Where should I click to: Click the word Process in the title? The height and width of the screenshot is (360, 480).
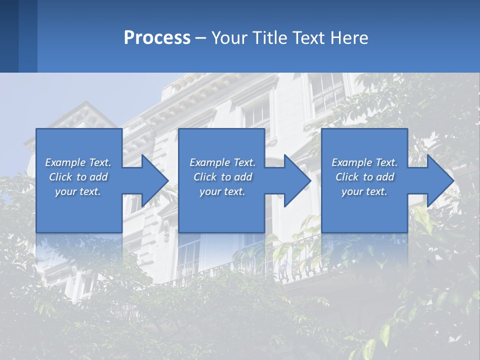(x=157, y=38)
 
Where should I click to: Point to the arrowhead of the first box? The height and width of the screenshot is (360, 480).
(x=155, y=180)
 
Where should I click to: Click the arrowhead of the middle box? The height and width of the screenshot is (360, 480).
(x=297, y=180)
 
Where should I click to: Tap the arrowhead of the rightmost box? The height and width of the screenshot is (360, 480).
(x=440, y=180)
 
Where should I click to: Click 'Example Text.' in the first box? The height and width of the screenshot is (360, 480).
(x=78, y=162)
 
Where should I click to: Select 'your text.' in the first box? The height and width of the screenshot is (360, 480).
(x=78, y=191)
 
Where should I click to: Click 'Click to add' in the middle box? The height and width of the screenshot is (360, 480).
(x=222, y=177)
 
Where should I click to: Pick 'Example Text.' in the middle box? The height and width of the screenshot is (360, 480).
(x=222, y=162)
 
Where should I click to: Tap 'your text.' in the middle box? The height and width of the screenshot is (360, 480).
(x=222, y=191)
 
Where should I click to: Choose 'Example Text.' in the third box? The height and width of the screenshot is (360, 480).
(x=364, y=162)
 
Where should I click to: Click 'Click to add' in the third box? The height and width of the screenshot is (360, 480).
(x=364, y=177)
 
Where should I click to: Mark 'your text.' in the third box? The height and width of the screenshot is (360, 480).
(x=364, y=191)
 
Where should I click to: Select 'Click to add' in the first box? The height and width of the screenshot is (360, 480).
(x=78, y=177)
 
